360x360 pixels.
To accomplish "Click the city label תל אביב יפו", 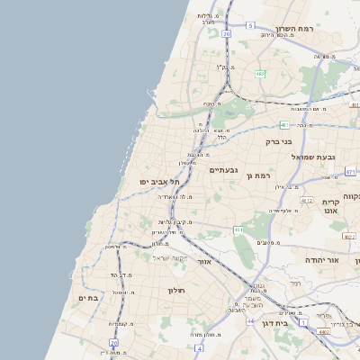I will click(156, 181).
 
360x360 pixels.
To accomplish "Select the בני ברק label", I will click(280, 141).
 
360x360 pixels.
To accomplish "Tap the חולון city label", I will click(175, 290).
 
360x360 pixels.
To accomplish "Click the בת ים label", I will click(87, 298).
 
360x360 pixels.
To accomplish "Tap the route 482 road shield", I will click(260, 74).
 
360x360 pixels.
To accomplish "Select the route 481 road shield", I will click(284, 124).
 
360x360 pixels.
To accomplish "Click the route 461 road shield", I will click(239, 230).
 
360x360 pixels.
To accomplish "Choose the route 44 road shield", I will click(249, 319).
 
